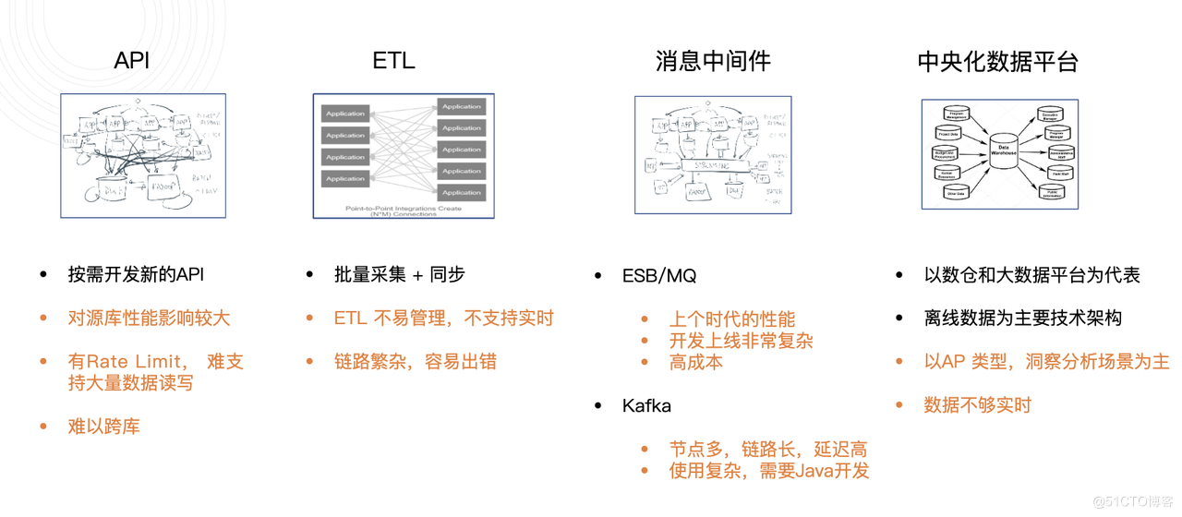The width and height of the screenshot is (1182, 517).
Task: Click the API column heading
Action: tap(131, 61)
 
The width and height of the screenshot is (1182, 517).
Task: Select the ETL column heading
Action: tap(393, 61)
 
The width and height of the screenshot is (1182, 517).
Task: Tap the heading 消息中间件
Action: tap(712, 62)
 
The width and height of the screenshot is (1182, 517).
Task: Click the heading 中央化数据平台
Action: tap(997, 62)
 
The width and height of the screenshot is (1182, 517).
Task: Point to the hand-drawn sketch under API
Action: tap(143, 155)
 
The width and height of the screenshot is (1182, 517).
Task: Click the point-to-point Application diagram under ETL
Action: tap(404, 155)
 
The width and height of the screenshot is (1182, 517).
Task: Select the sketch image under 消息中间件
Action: tap(712, 154)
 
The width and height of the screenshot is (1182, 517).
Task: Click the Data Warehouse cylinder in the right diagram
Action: tap(1003, 152)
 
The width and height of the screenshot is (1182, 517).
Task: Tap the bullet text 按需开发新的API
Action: tap(136, 274)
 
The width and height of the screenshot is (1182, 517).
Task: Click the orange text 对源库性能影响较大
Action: tap(149, 319)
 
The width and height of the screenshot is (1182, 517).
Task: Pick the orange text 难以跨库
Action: tap(103, 427)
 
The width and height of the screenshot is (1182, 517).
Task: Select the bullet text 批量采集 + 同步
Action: tap(399, 274)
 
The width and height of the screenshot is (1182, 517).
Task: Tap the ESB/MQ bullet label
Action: tap(659, 276)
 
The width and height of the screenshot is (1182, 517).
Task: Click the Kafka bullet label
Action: tap(646, 406)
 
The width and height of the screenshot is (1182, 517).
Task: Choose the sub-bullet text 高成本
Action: tap(695, 362)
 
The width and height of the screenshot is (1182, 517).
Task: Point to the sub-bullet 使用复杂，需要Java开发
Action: tap(768, 471)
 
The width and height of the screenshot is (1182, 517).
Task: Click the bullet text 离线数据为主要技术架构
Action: tap(1022, 319)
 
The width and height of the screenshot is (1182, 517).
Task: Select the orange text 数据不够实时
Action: tap(977, 405)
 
